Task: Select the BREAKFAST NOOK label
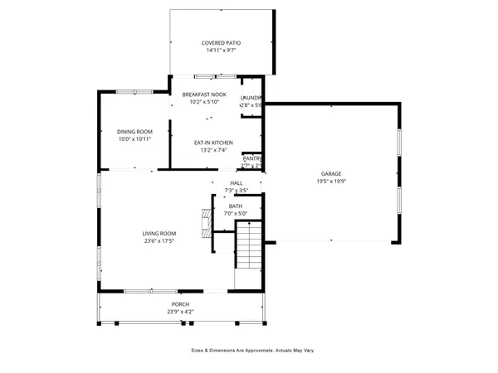[x=204, y=95]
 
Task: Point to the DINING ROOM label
[x=134, y=132]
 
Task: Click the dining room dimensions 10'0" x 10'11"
[x=134, y=139]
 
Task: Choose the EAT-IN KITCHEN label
[x=213, y=143]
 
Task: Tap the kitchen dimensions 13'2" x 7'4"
[x=213, y=150]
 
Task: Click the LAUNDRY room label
[x=251, y=98]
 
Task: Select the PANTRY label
[x=252, y=158]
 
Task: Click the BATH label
[x=236, y=206]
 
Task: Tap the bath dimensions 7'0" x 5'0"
[x=236, y=214]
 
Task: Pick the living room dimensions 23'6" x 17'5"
[x=159, y=241]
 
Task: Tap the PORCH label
[x=181, y=304]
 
